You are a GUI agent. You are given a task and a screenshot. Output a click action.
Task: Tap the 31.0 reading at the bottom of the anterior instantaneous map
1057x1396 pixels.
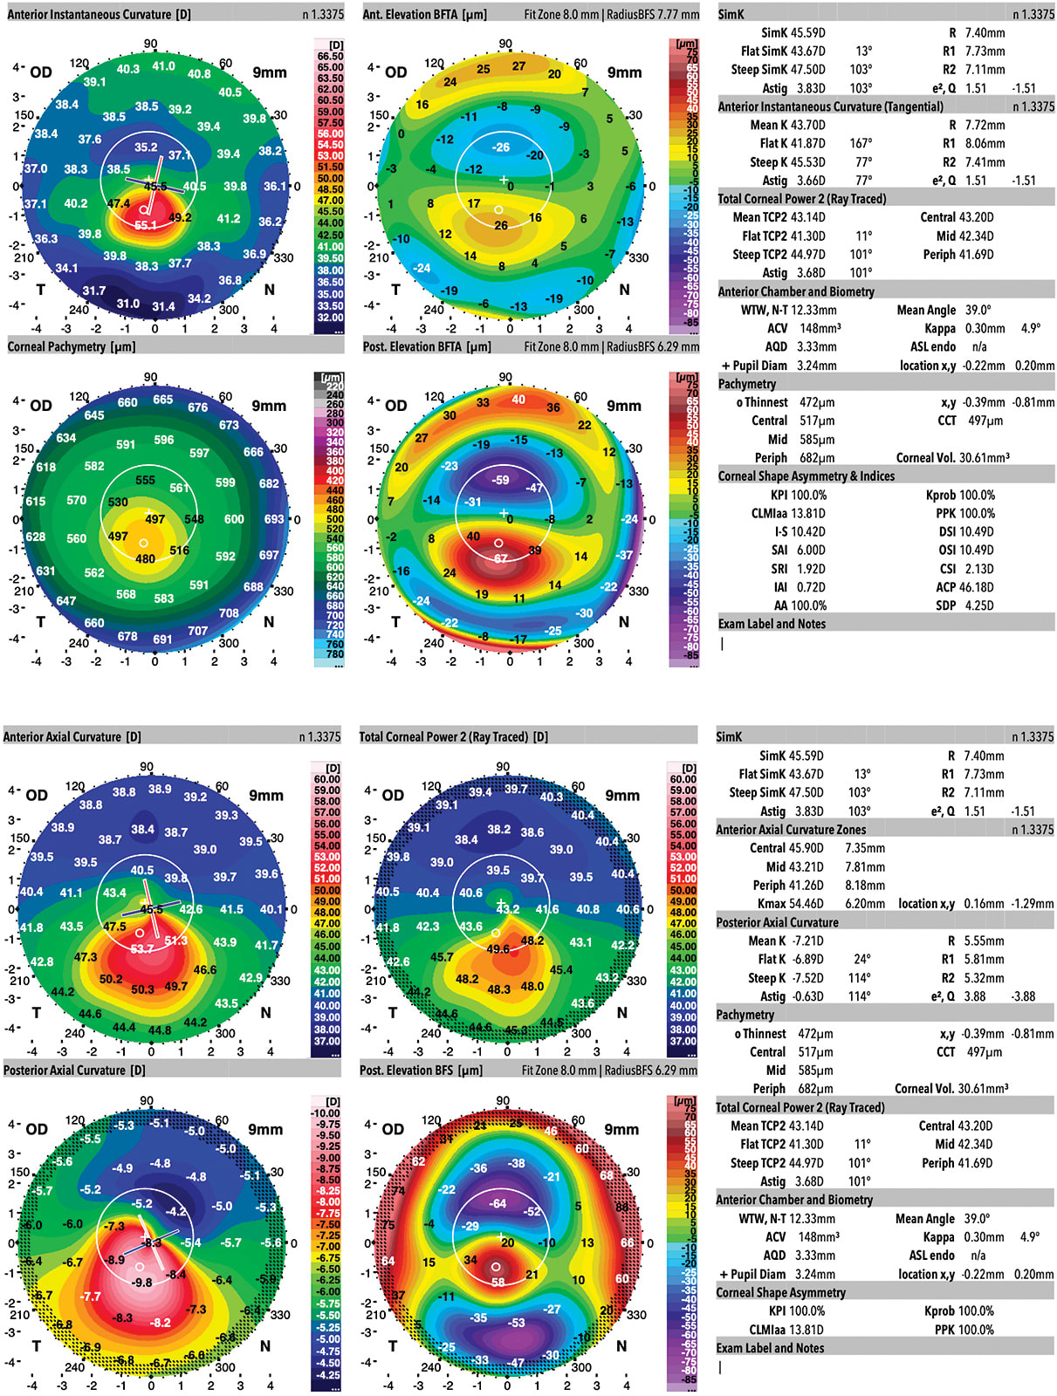127,304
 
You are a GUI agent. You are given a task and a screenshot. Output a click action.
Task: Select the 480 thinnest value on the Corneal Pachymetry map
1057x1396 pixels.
145,559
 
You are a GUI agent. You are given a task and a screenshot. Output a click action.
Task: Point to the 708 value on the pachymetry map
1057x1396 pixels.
229,613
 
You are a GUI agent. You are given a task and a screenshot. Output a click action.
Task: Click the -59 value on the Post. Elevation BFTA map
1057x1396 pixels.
500,480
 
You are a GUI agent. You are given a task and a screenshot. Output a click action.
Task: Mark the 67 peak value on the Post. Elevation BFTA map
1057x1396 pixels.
500,558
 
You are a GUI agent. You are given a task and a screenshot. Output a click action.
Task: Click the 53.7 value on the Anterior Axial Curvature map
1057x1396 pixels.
141,948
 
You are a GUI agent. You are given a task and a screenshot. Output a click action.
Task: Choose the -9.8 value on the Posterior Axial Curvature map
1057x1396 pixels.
141,1283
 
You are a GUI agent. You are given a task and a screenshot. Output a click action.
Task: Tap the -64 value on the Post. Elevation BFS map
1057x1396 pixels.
498,1203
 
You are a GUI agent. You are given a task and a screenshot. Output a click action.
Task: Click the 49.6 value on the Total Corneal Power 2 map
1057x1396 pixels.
498,949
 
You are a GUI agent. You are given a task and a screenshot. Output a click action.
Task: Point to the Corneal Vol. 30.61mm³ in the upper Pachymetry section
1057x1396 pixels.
952,458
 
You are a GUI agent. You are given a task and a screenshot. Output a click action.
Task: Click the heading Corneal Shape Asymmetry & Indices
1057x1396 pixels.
806,476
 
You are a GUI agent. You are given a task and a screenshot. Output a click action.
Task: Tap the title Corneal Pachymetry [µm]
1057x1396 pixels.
69,346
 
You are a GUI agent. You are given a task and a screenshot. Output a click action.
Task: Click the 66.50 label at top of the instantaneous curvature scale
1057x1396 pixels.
330,56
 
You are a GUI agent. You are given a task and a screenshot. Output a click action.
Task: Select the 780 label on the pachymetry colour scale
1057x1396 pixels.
335,654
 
